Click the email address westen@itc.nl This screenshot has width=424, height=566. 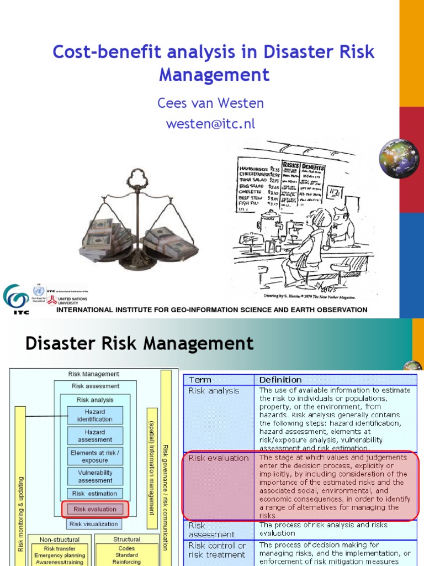click(211, 124)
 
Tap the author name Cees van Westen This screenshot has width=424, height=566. click(211, 103)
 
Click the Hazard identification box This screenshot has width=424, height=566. click(95, 415)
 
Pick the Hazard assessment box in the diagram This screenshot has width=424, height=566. click(95, 436)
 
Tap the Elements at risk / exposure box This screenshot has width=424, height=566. click(95, 456)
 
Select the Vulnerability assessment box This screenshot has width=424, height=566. click(95, 476)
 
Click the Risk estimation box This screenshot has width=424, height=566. click(95, 494)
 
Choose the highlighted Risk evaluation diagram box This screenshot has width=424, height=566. click(95, 509)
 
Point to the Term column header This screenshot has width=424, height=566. click(200, 380)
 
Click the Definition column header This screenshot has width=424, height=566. click(280, 380)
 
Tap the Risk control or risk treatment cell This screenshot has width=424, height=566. click(217, 550)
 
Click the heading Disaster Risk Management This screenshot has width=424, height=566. click(140, 344)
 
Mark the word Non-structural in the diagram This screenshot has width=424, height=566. click(59, 539)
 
